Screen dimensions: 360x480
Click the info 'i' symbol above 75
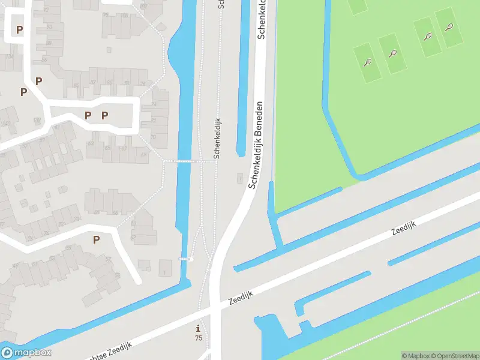tap(199, 328)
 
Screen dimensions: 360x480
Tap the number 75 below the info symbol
tap(199, 338)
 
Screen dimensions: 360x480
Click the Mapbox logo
tap(26, 353)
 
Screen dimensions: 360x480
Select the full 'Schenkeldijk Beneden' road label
tap(257, 145)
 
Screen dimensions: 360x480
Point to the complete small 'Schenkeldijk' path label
tap(217, 138)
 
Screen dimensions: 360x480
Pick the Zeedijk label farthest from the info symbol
tap(403, 227)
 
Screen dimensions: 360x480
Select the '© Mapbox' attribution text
tap(414, 356)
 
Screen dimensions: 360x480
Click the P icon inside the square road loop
tap(19, 29)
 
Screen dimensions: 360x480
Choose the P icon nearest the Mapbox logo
tap(96, 240)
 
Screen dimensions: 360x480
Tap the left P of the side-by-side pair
tap(88, 115)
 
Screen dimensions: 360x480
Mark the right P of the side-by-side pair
tap(104, 115)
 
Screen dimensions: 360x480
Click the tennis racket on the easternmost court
tap(449, 27)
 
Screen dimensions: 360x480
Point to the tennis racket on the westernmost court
tap(367, 62)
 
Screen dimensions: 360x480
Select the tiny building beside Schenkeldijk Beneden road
tap(241, 178)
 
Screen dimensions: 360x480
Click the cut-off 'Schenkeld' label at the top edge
tap(262, 19)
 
